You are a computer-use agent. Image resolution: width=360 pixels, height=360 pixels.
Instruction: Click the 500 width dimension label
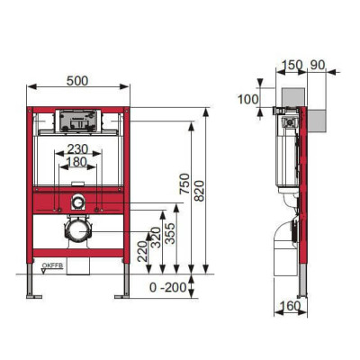[x=78, y=79]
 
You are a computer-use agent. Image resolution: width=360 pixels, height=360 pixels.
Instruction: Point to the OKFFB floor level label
[x=51, y=265]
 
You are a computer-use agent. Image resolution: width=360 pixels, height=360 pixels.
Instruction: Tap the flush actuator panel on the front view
[x=78, y=119]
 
